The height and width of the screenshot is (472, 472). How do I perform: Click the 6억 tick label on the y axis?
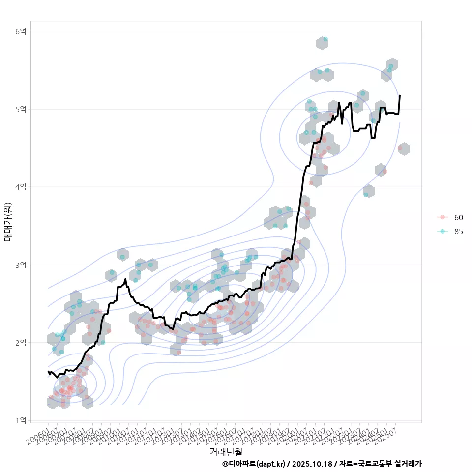[x=21, y=31]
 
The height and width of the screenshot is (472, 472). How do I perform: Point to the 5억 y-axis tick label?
[x=21, y=109]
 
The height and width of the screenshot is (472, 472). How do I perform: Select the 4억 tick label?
[x=21, y=187]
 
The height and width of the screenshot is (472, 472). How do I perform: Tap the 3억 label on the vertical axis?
[x=21, y=265]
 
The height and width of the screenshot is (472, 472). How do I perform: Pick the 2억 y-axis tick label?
[x=21, y=343]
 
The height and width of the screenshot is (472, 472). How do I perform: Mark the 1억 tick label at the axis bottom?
[x=21, y=420]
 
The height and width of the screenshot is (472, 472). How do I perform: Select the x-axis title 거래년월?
[x=226, y=451]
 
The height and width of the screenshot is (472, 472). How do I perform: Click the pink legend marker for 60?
[x=442, y=217]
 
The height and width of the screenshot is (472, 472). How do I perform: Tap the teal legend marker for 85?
[x=442, y=232]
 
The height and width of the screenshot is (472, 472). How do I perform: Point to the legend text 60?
[x=458, y=217]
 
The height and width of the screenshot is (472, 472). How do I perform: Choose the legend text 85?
[x=458, y=232]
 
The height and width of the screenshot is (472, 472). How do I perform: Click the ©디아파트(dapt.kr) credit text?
[x=254, y=464]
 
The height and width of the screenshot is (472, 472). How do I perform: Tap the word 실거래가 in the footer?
[x=407, y=464]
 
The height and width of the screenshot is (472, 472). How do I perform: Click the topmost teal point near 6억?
[x=325, y=39]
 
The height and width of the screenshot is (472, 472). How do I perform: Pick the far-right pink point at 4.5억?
[x=400, y=147]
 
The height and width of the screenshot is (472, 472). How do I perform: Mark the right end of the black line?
[x=400, y=95]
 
